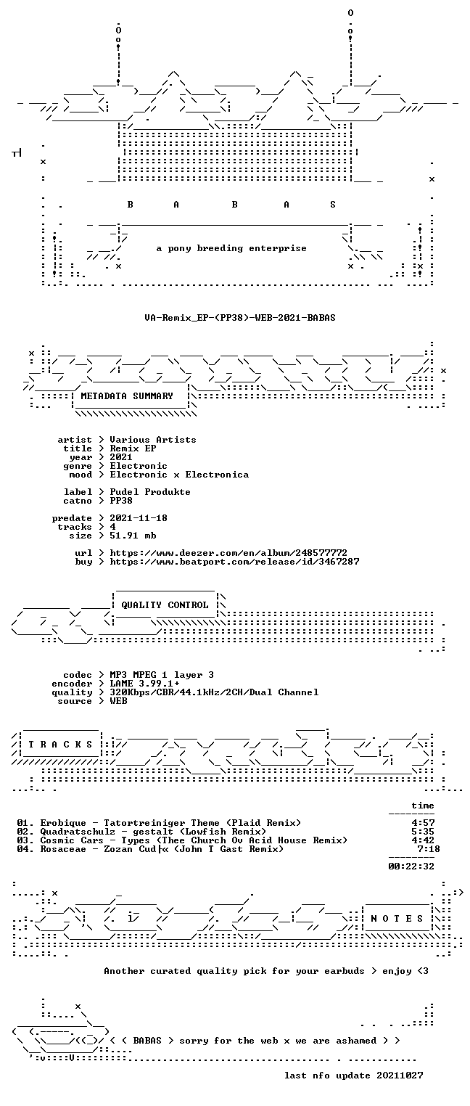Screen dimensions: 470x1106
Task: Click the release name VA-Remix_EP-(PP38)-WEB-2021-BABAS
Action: [240, 317]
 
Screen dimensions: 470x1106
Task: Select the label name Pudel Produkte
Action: [150, 492]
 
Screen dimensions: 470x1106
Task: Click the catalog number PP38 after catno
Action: [121, 501]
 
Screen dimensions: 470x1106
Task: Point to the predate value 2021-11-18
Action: [139, 518]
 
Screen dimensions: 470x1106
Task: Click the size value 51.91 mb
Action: [133, 536]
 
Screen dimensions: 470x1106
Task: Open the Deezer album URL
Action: [228, 553]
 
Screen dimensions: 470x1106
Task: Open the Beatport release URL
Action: [234, 562]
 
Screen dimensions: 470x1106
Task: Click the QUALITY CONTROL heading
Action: [165, 605]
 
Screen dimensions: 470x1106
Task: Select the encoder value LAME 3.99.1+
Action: [144, 684]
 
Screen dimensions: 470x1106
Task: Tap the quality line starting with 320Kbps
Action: [214, 692]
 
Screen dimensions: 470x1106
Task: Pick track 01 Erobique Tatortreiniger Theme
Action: [158, 822]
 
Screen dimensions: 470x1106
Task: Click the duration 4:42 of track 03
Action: [423, 840]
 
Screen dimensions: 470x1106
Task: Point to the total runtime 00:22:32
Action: [411, 866]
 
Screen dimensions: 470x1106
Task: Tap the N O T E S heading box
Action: [397, 918]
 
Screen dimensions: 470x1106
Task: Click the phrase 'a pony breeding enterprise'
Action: [231, 248]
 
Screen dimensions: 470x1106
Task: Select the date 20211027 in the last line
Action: [400, 1075]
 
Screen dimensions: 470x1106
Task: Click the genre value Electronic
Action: [139, 466]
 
